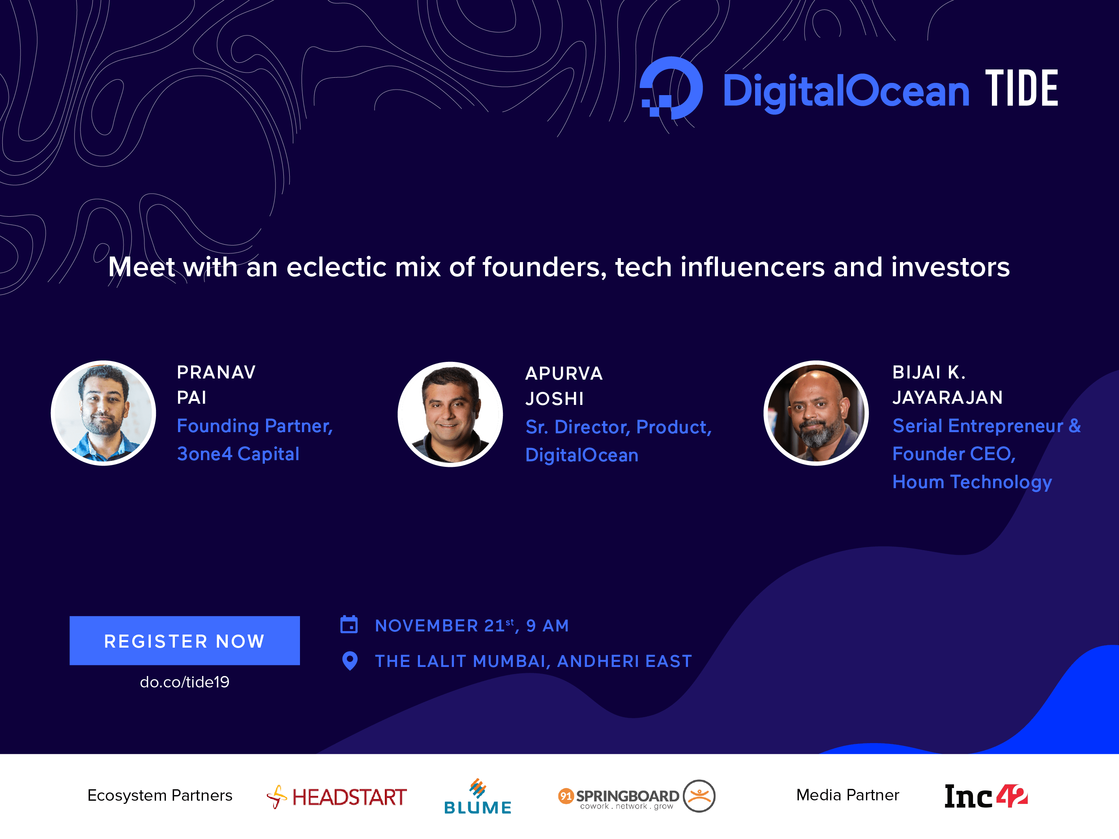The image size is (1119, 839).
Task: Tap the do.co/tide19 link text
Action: (x=185, y=682)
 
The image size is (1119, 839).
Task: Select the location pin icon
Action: (x=350, y=661)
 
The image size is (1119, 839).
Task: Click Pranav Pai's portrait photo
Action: (x=103, y=413)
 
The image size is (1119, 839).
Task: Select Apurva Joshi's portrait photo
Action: (x=450, y=414)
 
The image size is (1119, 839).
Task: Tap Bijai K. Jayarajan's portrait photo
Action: (x=816, y=413)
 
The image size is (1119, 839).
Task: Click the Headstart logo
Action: (x=336, y=796)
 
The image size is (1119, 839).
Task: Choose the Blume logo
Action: (x=478, y=796)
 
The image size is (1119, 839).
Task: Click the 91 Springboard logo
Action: (x=636, y=796)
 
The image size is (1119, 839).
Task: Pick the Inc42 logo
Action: (x=986, y=796)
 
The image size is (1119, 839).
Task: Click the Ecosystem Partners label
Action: (x=160, y=796)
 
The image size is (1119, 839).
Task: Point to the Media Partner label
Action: (x=848, y=795)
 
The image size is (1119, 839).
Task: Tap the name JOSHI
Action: (x=555, y=399)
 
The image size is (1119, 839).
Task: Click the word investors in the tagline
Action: (x=950, y=267)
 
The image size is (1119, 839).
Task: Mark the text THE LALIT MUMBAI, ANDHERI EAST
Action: (x=534, y=661)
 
